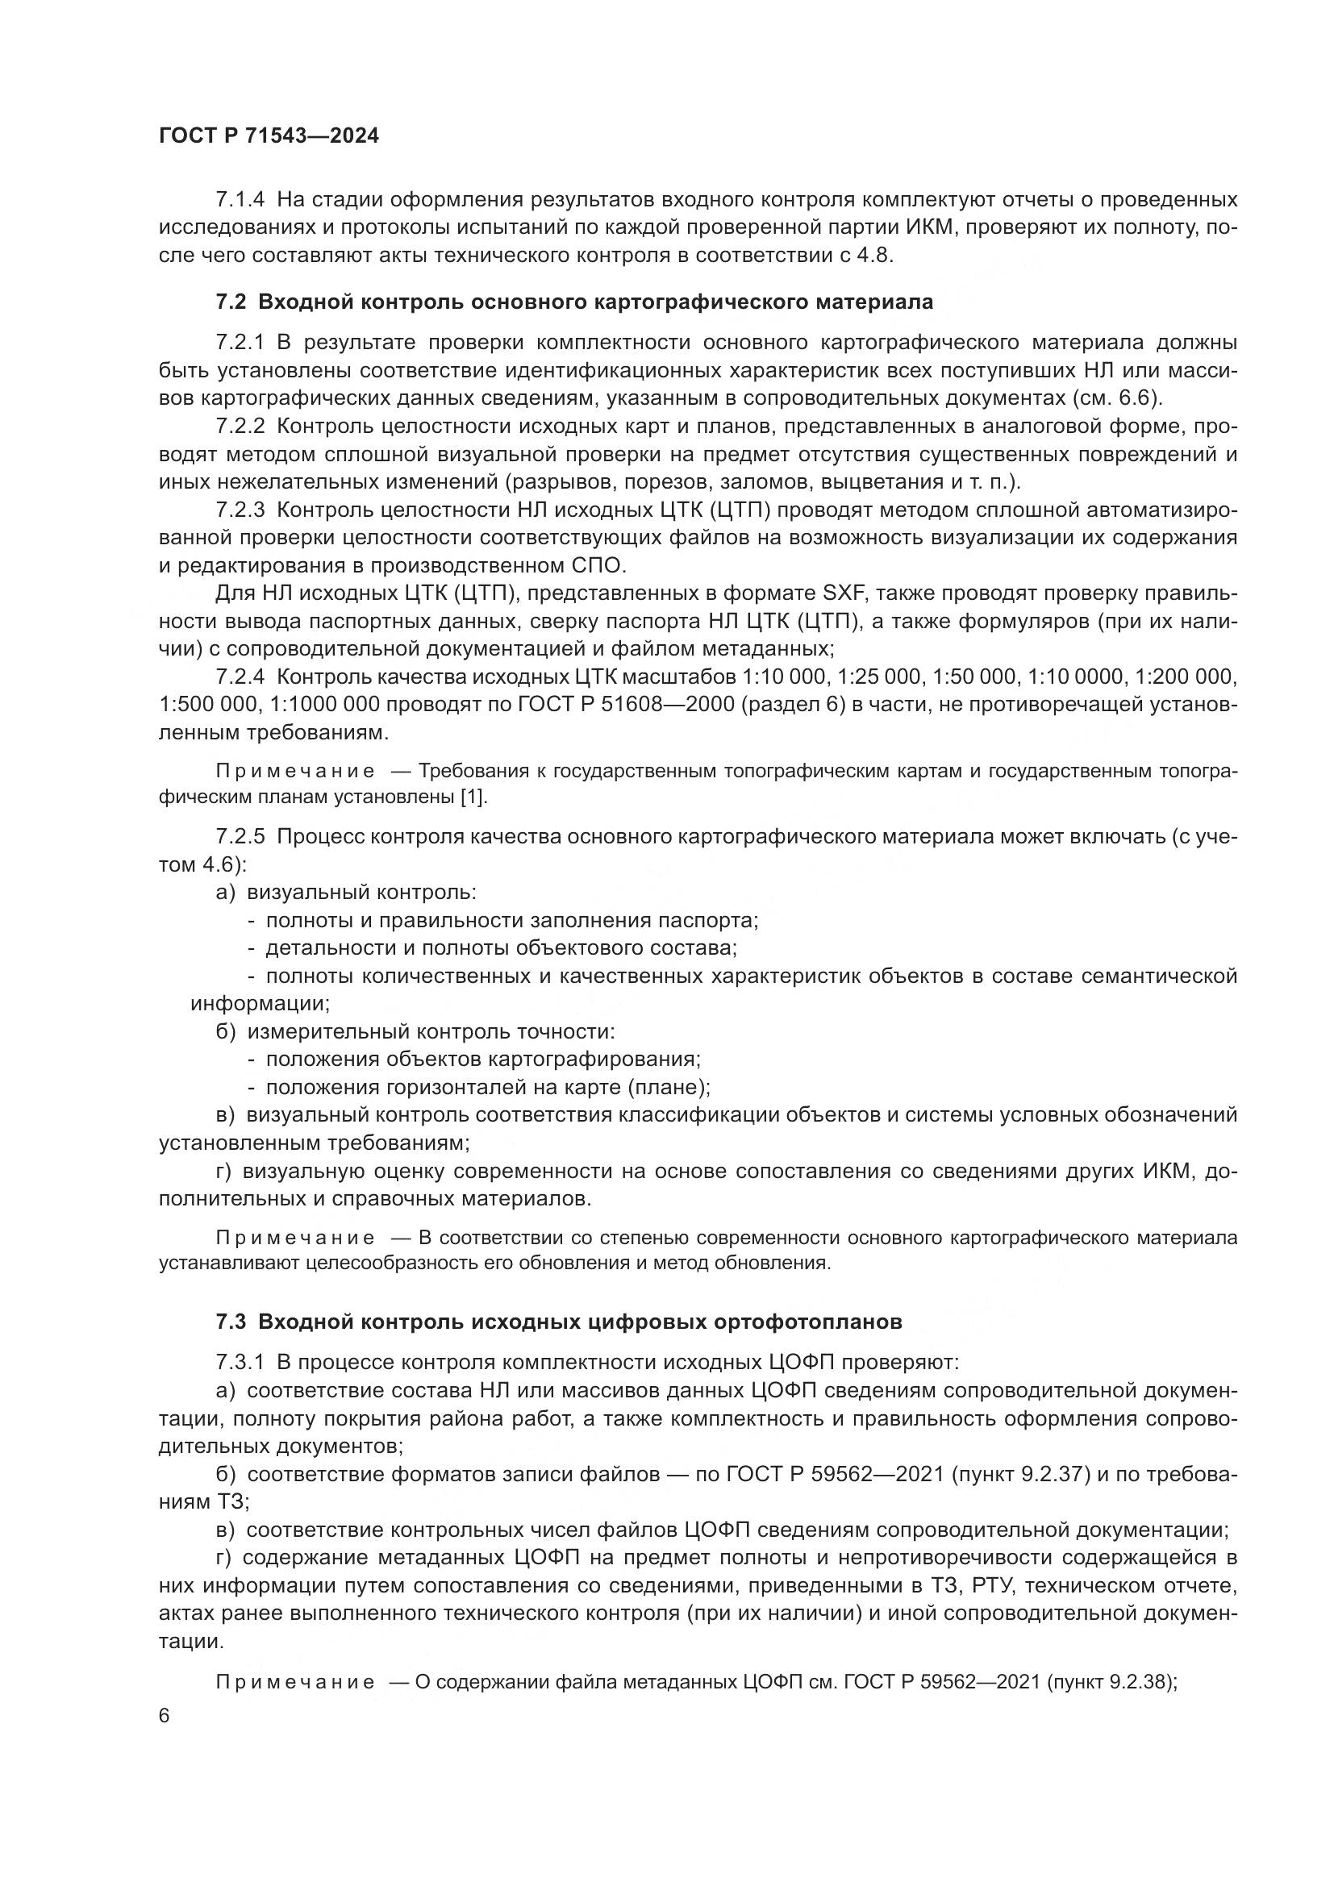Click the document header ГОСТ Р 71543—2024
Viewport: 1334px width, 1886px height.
[269, 136]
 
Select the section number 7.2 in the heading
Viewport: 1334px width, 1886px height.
[230, 302]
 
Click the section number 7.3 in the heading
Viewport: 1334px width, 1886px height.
[230, 1322]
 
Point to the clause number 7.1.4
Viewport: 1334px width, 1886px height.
[240, 200]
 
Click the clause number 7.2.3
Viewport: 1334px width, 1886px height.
[240, 510]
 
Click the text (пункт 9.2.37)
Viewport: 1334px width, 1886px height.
[1020, 1474]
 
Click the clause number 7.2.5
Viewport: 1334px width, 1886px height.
[240, 836]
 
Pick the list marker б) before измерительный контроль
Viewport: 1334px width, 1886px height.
[225, 1032]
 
